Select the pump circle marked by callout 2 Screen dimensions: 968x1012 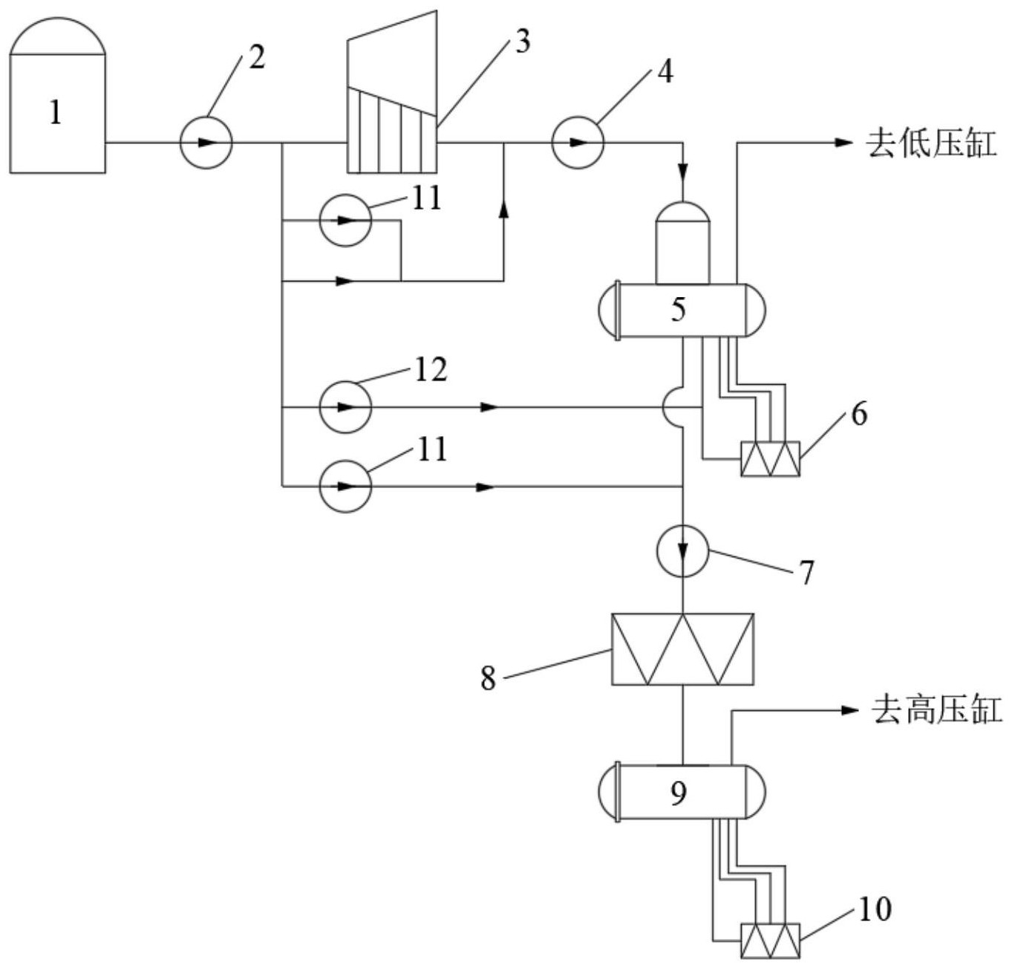206,141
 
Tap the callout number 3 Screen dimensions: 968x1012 523,42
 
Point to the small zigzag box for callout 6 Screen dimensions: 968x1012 770,459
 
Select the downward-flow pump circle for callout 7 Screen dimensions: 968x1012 682,550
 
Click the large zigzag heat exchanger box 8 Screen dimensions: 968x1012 682,649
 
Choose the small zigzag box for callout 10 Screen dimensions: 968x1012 770,941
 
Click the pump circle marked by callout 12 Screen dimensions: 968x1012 345,407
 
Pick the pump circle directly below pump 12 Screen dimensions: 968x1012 345,486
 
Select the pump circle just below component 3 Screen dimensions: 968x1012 345,220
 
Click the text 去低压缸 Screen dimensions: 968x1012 931,143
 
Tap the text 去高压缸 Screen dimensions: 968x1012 936,710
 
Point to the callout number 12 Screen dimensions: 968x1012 431,369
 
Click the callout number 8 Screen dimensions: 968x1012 488,678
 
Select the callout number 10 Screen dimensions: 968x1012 875,909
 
